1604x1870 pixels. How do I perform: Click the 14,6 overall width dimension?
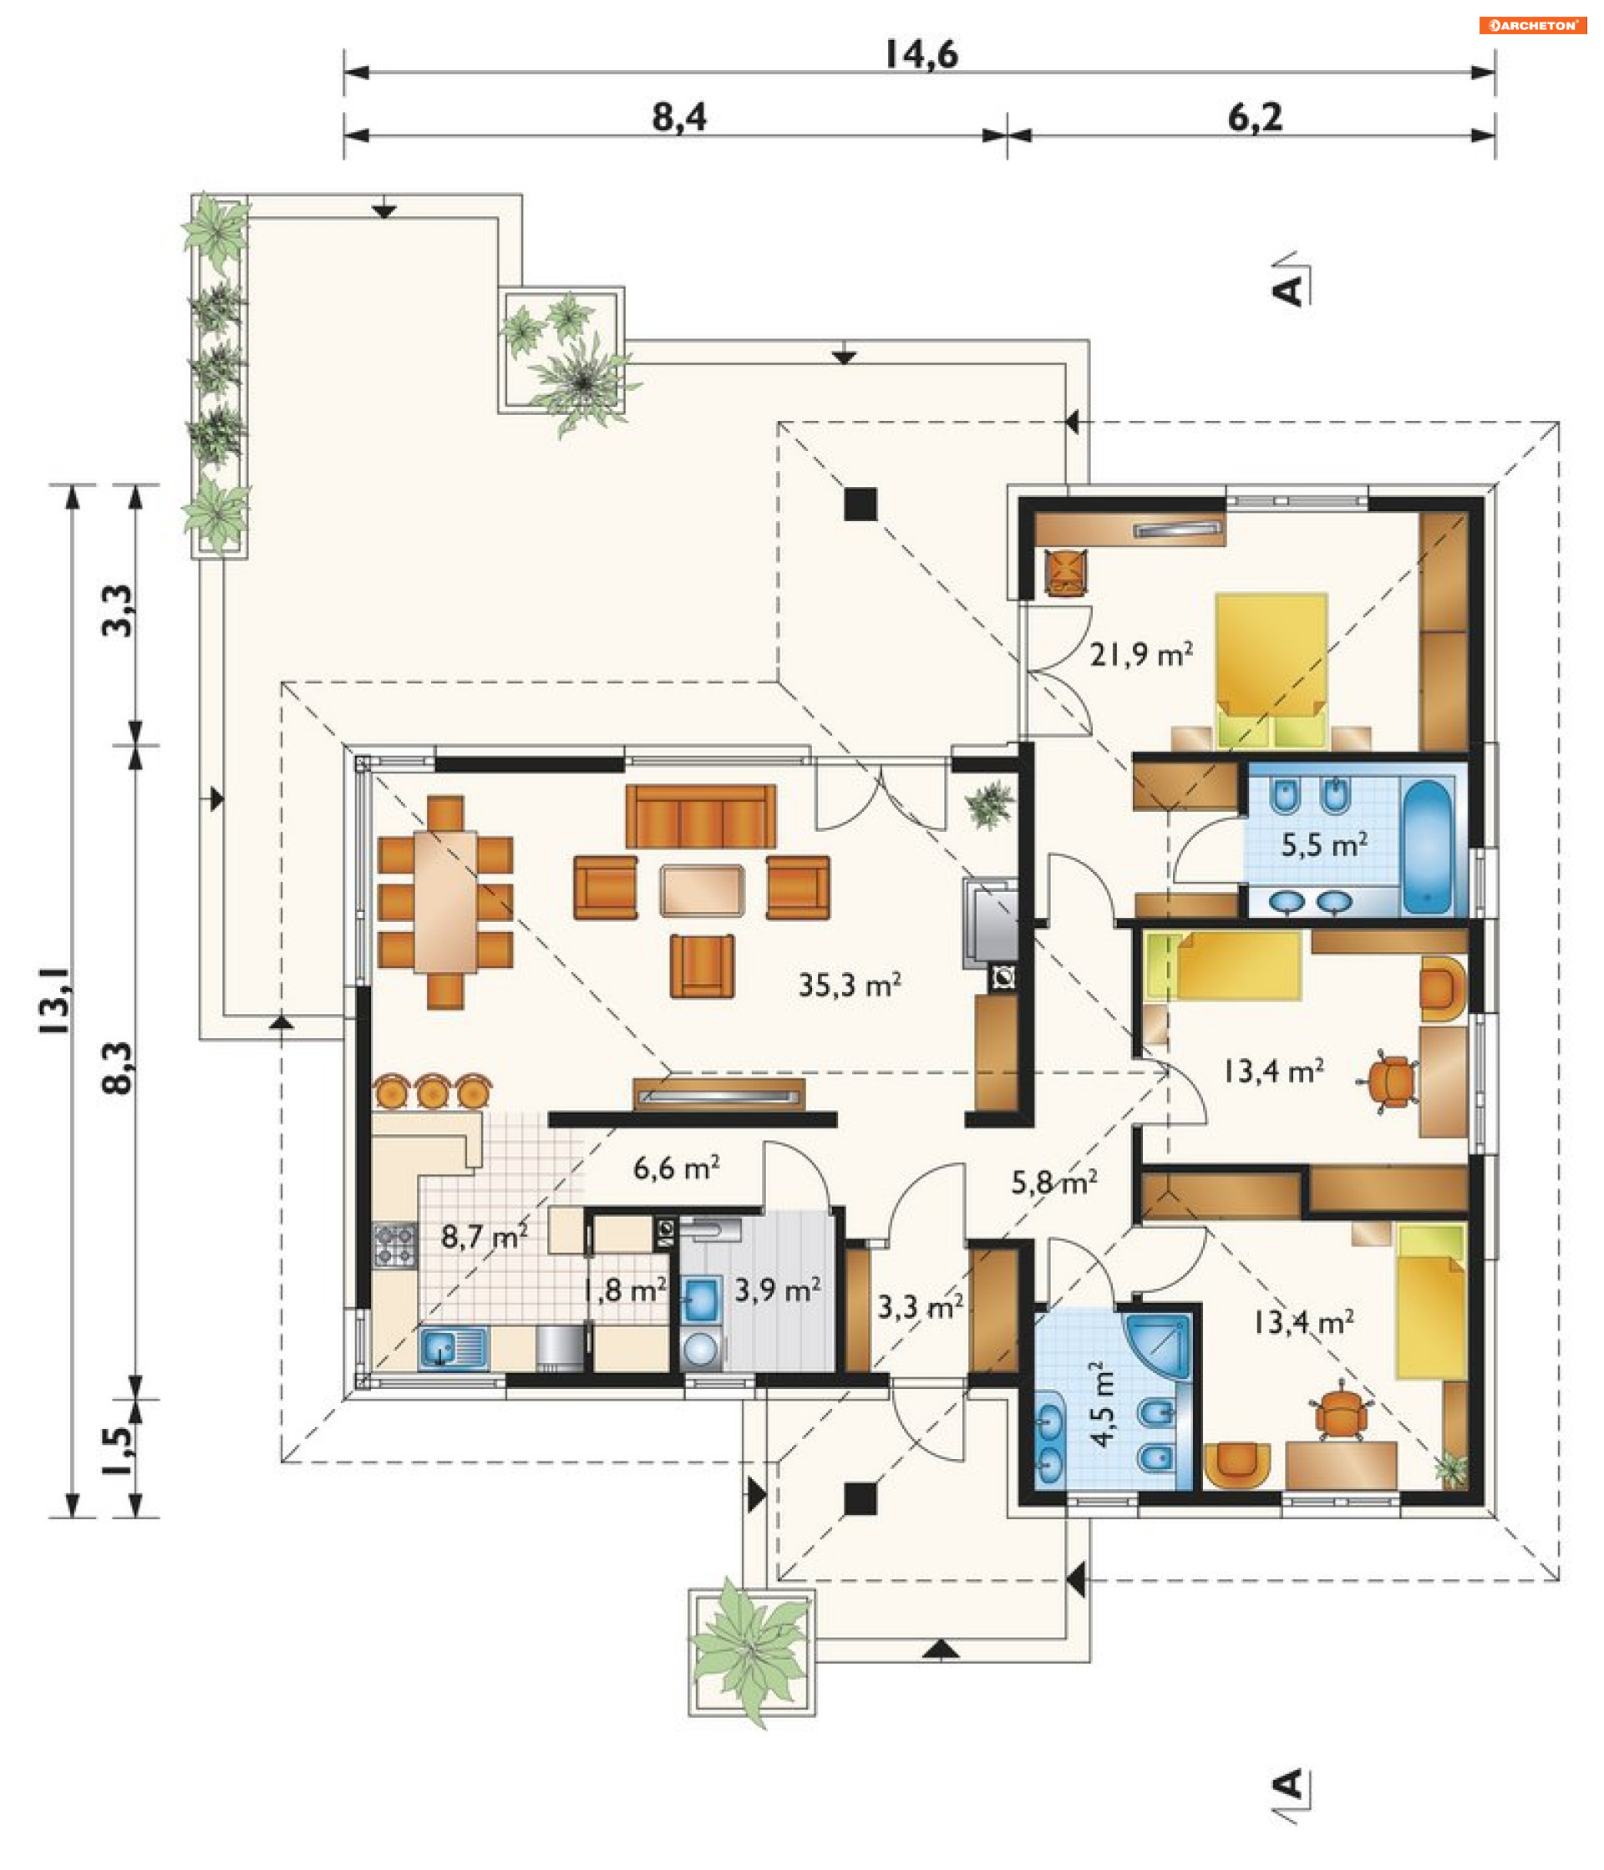pyautogui.click(x=920, y=54)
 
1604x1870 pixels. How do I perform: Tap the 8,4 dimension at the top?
pyautogui.click(x=679, y=117)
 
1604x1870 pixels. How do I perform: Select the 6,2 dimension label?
pyautogui.click(x=1255, y=117)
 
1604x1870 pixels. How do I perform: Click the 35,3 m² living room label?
pyautogui.click(x=850, y=985)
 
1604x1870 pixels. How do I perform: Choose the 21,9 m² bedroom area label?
pyautogui.click(x=1141, y=653)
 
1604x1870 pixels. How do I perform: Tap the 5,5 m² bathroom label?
pyautogui.click(x=1323, y=844)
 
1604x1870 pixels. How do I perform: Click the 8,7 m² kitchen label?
pyautogui.click(x=484, y=1235)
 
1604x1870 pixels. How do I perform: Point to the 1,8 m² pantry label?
pyautogui.click(x=625, y=1290)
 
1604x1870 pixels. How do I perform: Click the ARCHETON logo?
pyautogui.click(x=1533, y=25)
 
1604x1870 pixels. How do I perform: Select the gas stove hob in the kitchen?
pyautogui.click(x=395, y=1244)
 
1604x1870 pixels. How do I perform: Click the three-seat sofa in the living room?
pyautogui.click(x=700, y=816)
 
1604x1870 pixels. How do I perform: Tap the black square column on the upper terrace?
pyautogui.click(x=860, y=504)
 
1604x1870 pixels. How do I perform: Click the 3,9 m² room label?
pyautogui.click(x=777, y=1290)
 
